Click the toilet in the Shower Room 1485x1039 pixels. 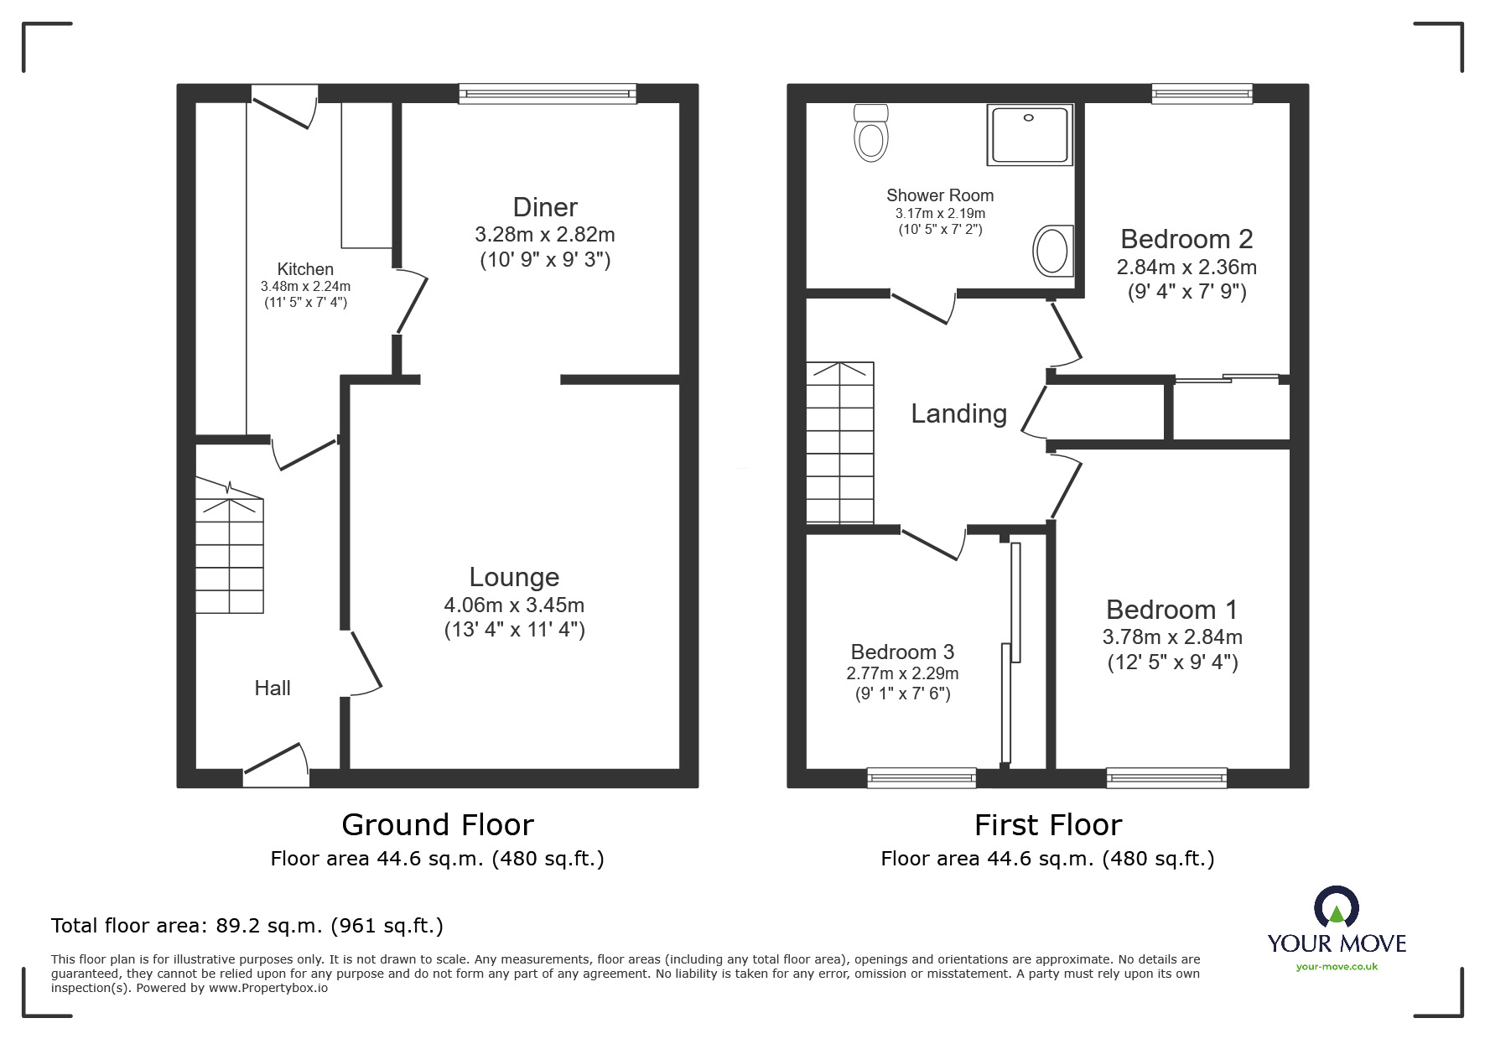870,133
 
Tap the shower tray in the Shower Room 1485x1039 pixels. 1030,134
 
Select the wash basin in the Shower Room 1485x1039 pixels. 1052,251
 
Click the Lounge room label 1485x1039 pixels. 514,577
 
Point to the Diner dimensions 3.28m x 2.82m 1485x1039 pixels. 545,234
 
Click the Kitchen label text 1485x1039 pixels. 305,269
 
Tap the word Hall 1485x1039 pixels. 273,688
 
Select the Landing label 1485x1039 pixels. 958,413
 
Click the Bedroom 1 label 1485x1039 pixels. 1171,610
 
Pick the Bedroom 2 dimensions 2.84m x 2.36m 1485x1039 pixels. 1186,268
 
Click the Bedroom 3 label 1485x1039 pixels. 902,652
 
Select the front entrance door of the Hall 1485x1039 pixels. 277,766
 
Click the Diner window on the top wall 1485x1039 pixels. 548,94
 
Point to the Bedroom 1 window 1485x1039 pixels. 1166,777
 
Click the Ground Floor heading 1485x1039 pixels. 437,825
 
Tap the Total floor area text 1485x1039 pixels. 247,926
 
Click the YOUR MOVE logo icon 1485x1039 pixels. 1336,908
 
